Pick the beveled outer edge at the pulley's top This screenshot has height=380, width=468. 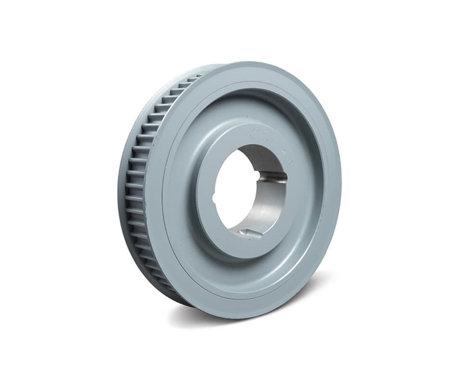[255, 66]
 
